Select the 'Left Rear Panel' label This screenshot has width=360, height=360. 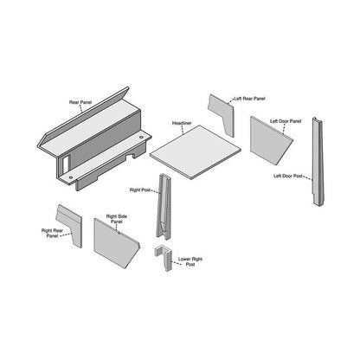[249, 99]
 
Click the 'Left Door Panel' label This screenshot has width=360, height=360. [285, 121]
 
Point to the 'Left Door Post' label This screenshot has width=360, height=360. [288, 177]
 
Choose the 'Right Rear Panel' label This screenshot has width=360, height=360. [51, 234]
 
